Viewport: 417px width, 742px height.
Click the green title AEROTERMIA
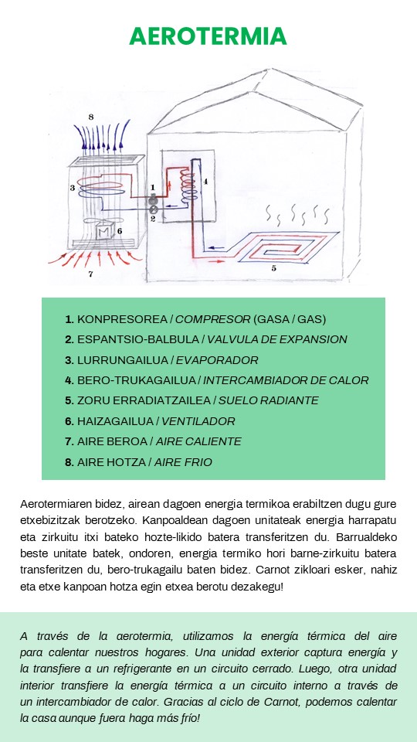[208, 36]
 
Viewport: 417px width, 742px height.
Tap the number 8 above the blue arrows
[91, 117]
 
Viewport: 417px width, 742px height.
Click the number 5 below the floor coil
[273, 269]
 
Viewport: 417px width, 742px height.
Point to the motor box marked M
[103, 231]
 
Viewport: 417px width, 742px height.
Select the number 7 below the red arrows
[91, 274]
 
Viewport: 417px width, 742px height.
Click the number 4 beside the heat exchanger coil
[205, 181]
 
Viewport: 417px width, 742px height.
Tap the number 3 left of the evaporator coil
[73, 188]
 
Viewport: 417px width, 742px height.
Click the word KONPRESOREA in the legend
[122, 319]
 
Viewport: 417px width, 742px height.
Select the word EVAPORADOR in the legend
[217, 360]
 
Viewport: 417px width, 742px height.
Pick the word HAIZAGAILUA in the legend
[115, 421]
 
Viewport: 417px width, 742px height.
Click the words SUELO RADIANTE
[269, 400]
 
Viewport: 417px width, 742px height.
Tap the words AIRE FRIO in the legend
[184, 462]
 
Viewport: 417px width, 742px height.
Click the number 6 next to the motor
[120, 231]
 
